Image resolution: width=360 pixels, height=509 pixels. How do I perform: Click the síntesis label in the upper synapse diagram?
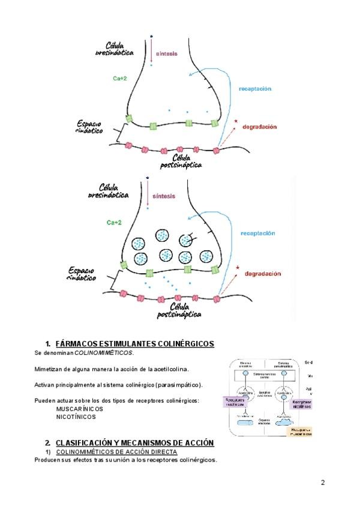click(x=167, y=53)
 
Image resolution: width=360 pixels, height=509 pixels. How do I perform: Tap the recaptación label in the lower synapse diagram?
click(x=258, y=232)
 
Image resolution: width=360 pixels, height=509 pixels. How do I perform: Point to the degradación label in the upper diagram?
click(x=259, y=127)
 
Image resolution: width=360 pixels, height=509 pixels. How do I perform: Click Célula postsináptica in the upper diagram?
click(x=181, y=161)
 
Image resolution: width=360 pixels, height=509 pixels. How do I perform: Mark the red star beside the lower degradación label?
click(x=237, y=268)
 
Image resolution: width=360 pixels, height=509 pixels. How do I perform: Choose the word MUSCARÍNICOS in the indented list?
click(x=77, y=408)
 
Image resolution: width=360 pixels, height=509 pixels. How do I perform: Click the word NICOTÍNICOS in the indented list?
click(x=76, y=416)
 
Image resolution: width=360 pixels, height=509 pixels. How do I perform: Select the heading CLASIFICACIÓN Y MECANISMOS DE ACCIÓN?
click(x=134, y=442)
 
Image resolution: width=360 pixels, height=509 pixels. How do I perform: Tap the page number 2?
click(x=323, y=482)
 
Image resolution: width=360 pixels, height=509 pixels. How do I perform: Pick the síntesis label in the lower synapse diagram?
click(x=164, y=196)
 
